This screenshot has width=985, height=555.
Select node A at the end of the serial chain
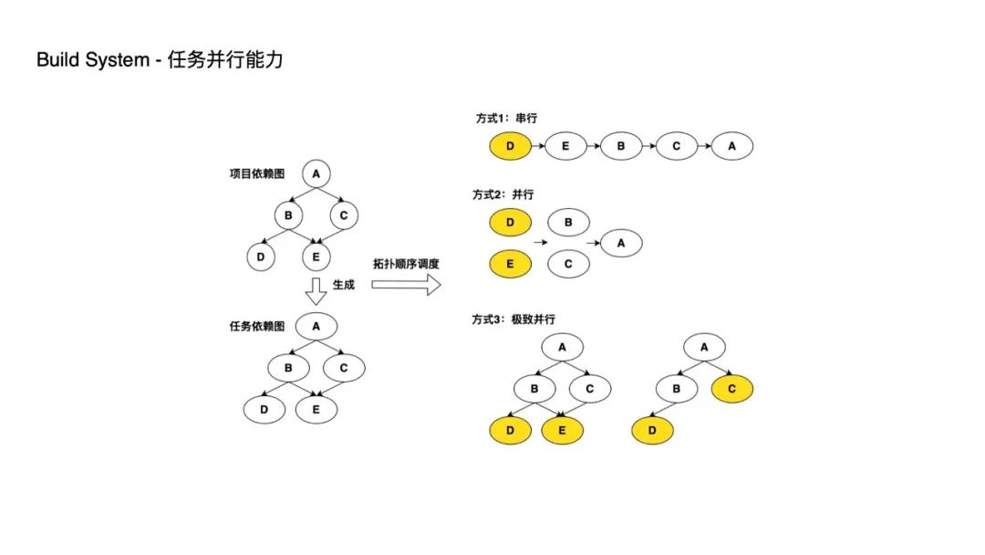732,145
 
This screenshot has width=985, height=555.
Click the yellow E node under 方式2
511,265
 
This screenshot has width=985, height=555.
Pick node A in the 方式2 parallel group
621,243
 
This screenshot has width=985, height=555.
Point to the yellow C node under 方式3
732,390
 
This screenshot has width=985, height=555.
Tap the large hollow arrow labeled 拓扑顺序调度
406,285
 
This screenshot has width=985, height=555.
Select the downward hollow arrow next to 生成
316,290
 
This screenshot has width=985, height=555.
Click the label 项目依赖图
255,173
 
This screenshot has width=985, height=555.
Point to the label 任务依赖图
257,326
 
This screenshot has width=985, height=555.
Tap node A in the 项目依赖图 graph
316,173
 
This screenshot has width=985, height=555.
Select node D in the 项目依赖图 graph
261,257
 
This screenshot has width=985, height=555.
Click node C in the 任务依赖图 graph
344,368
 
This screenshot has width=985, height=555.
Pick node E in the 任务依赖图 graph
316,409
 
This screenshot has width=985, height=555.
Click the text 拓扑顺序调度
406,264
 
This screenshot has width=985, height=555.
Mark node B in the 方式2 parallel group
568,221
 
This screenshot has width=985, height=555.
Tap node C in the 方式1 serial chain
677,145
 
